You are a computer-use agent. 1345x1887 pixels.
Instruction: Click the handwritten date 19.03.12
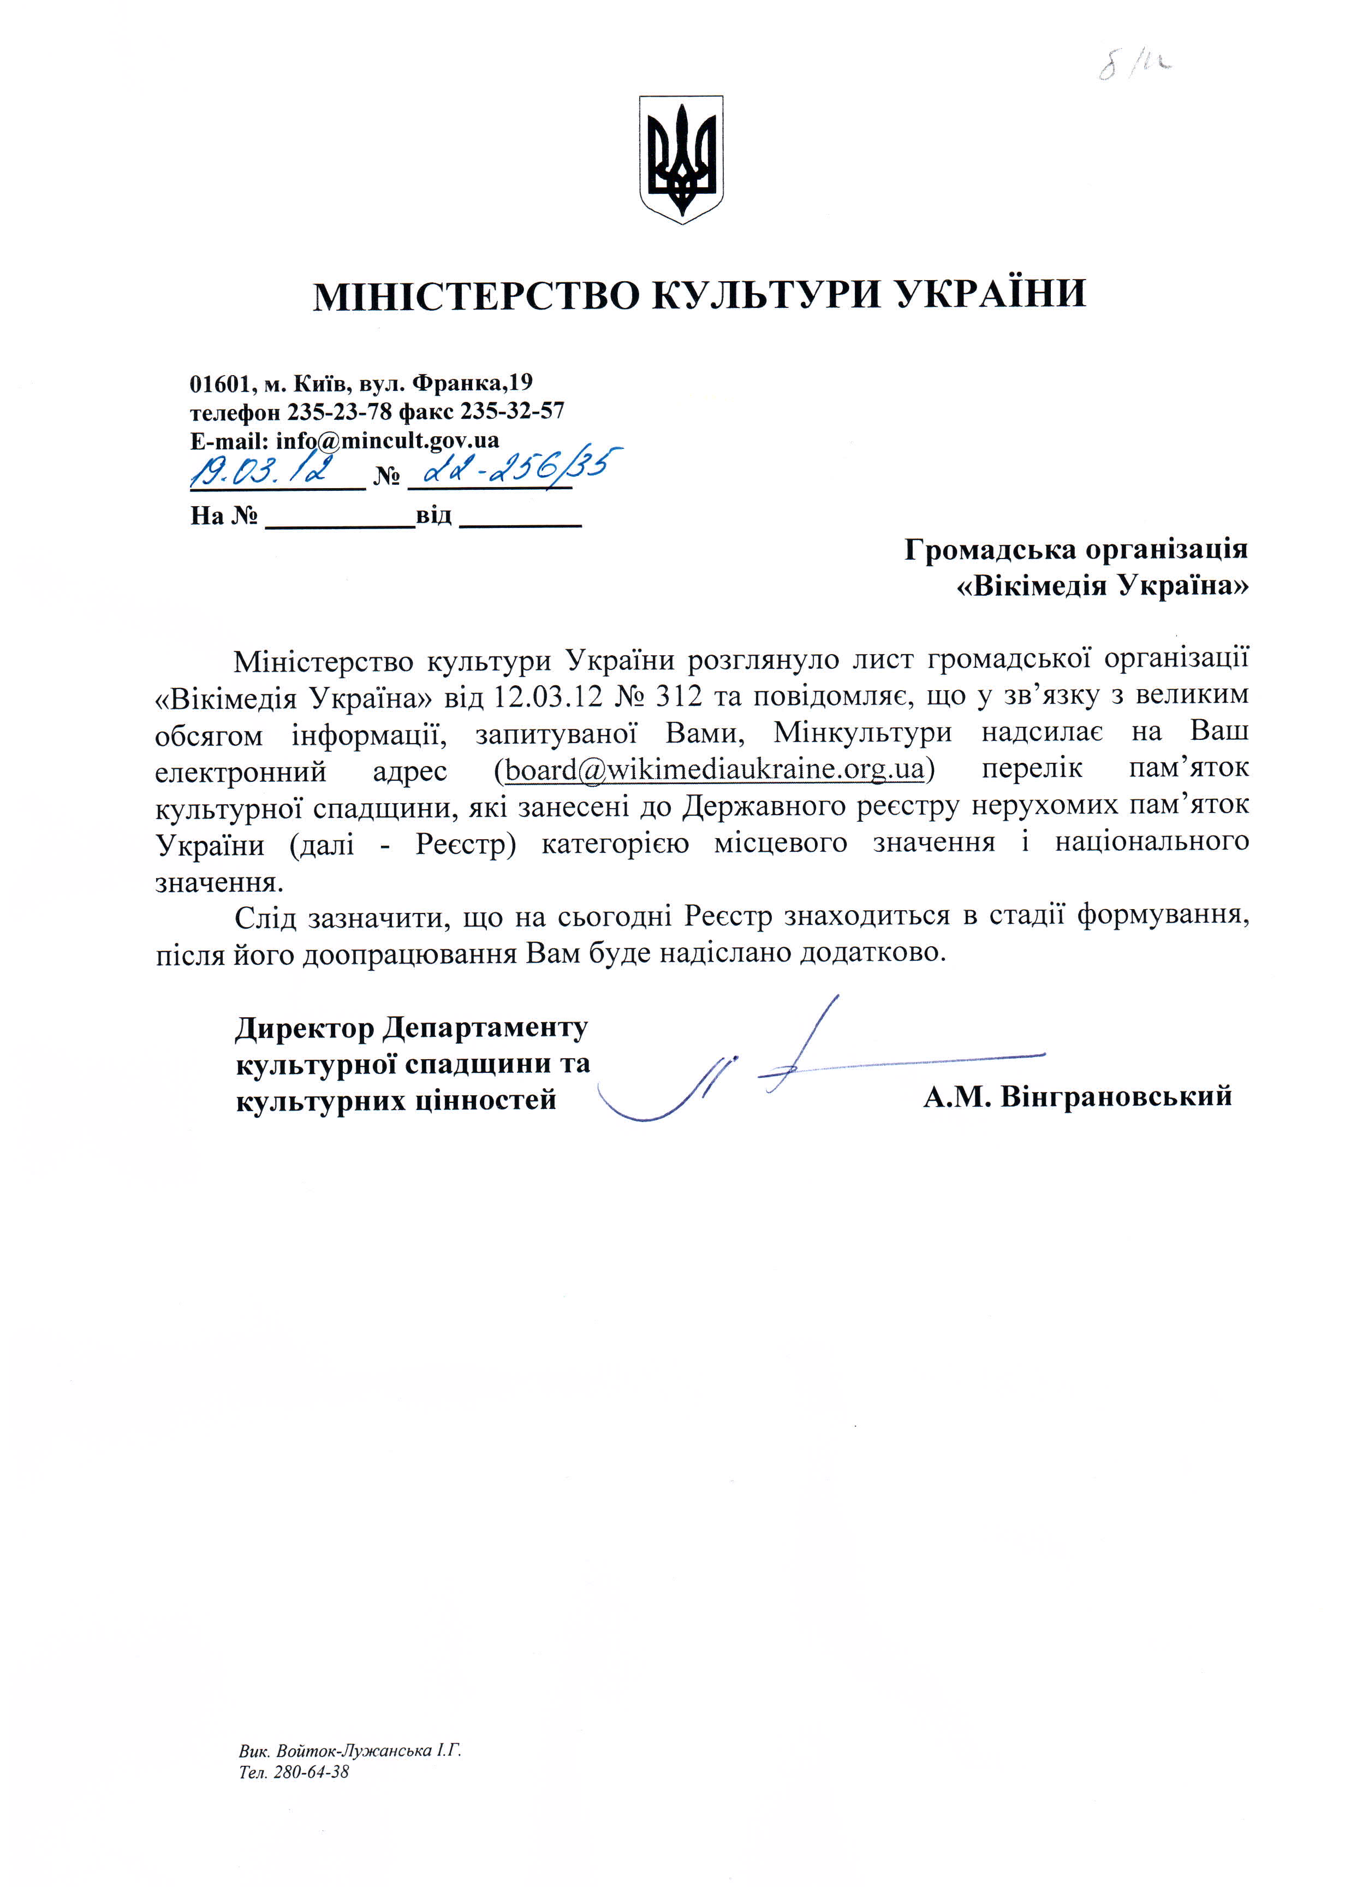coord(263,471)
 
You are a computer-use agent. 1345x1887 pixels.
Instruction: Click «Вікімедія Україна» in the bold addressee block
coord(1102,586)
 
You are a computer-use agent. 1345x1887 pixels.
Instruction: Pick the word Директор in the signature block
coord(305,1028)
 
